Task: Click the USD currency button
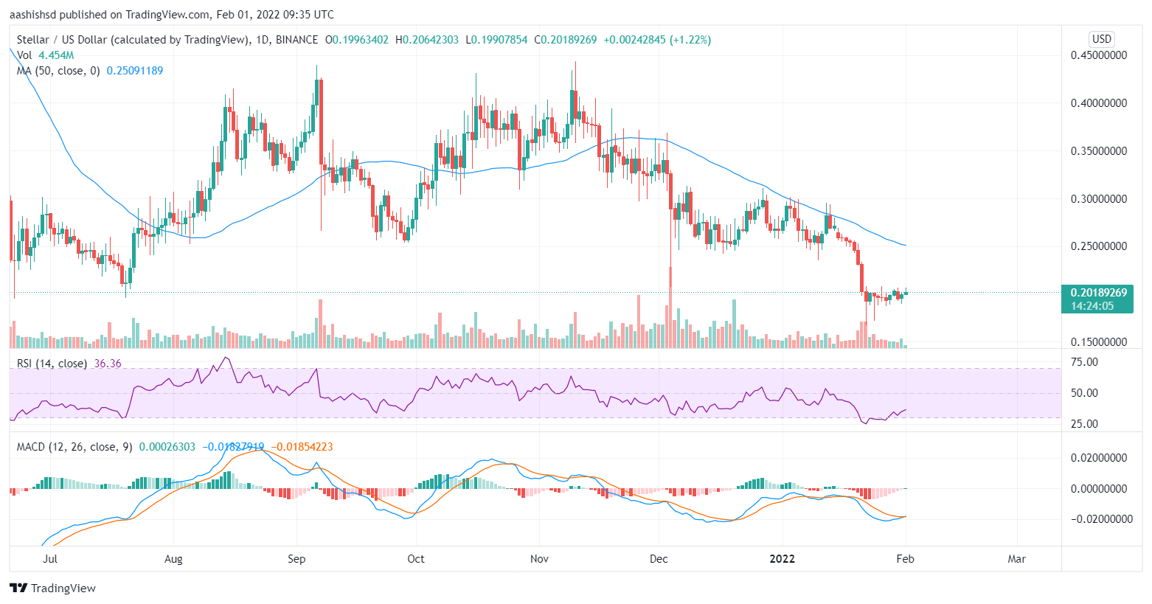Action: [x=1101, y=39]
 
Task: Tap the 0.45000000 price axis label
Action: [x=1098, y=55]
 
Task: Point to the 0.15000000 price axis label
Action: [x=1098, y=342]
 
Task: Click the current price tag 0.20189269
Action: [x=1098, y=293]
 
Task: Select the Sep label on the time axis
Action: [x=296, y=559]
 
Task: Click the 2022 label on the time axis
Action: [x=782, y=559]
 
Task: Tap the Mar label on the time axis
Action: [x=1016, y=559]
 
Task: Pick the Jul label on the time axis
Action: [x=50, y=559]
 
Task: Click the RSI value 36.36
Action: [x=108, y=364]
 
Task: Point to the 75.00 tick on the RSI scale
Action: [x=1084, y=362]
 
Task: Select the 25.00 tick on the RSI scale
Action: [x=1084, y=424]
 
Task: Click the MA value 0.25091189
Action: [x=135, y=71]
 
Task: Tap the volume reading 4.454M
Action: [x=56, y=55]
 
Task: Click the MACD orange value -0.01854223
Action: [x=302, y=447]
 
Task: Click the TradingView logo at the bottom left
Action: [x=53, y=589]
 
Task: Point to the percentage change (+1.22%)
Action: [x=690, y=40]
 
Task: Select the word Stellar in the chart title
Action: [x=33, y=40]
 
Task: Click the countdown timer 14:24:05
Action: [x=1092, y=306]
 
